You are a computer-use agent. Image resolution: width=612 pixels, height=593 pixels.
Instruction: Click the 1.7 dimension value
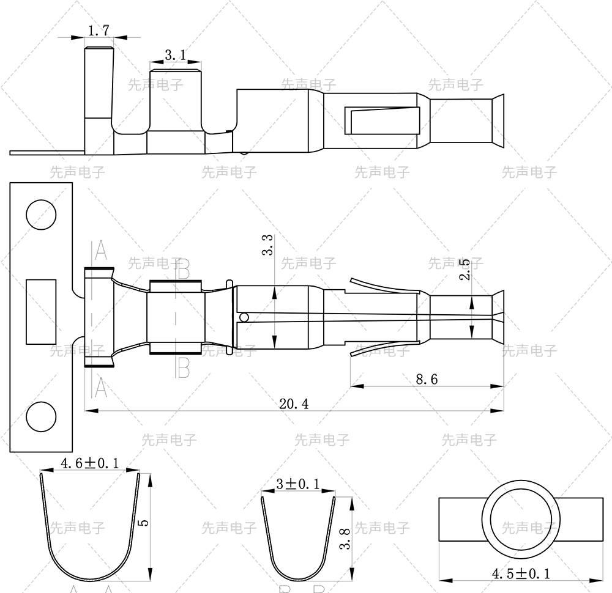click(99, 30)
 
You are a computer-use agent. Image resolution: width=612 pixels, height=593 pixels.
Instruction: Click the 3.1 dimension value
click(176, 56)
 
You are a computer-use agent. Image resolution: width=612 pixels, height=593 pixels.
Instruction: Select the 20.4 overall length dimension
click(294, 403)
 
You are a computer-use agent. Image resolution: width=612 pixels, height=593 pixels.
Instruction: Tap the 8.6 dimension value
click(427, 379)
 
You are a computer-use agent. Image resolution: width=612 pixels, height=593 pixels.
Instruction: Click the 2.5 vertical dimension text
click(465, 270)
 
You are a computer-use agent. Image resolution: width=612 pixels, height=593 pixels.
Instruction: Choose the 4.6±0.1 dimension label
click(89, 463)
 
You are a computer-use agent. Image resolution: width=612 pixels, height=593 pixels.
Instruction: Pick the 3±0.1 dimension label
click(298, 484)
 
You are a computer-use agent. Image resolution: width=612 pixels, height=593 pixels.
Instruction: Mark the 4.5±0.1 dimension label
click(521, 573)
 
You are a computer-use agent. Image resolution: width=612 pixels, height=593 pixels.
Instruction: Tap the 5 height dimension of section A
click(143, 524)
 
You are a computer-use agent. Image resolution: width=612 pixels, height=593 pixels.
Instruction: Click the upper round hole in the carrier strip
click(40, 215)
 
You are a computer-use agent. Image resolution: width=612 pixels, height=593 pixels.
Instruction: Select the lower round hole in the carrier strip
click(40, 418)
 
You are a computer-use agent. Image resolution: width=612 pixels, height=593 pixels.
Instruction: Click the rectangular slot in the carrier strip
click(41, 311)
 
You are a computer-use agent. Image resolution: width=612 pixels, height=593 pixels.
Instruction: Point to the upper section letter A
click(100, 249)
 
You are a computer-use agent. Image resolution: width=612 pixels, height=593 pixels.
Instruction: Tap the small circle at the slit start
click(244, 317)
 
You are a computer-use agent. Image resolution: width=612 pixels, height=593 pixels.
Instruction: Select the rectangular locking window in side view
click(384, 120)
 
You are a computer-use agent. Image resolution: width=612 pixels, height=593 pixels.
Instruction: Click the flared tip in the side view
click(498, 120)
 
